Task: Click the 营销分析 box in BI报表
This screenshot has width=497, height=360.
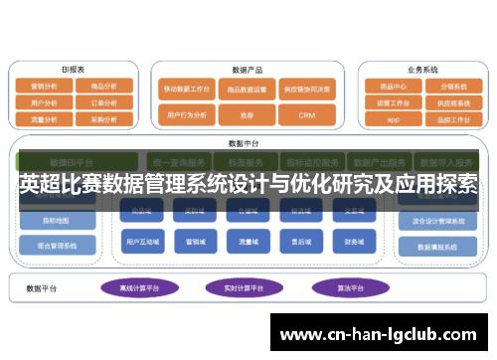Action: click(x=44, y=86)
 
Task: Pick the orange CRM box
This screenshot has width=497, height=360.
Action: click(x=306, y=115)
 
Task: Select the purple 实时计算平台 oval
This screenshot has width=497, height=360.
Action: click(x=240, y=287)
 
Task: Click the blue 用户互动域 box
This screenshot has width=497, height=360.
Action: click(x=144, y=241)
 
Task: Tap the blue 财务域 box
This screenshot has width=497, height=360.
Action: click(x=354, y=241)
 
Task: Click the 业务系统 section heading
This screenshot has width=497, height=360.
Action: click(x=422, y=70)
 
